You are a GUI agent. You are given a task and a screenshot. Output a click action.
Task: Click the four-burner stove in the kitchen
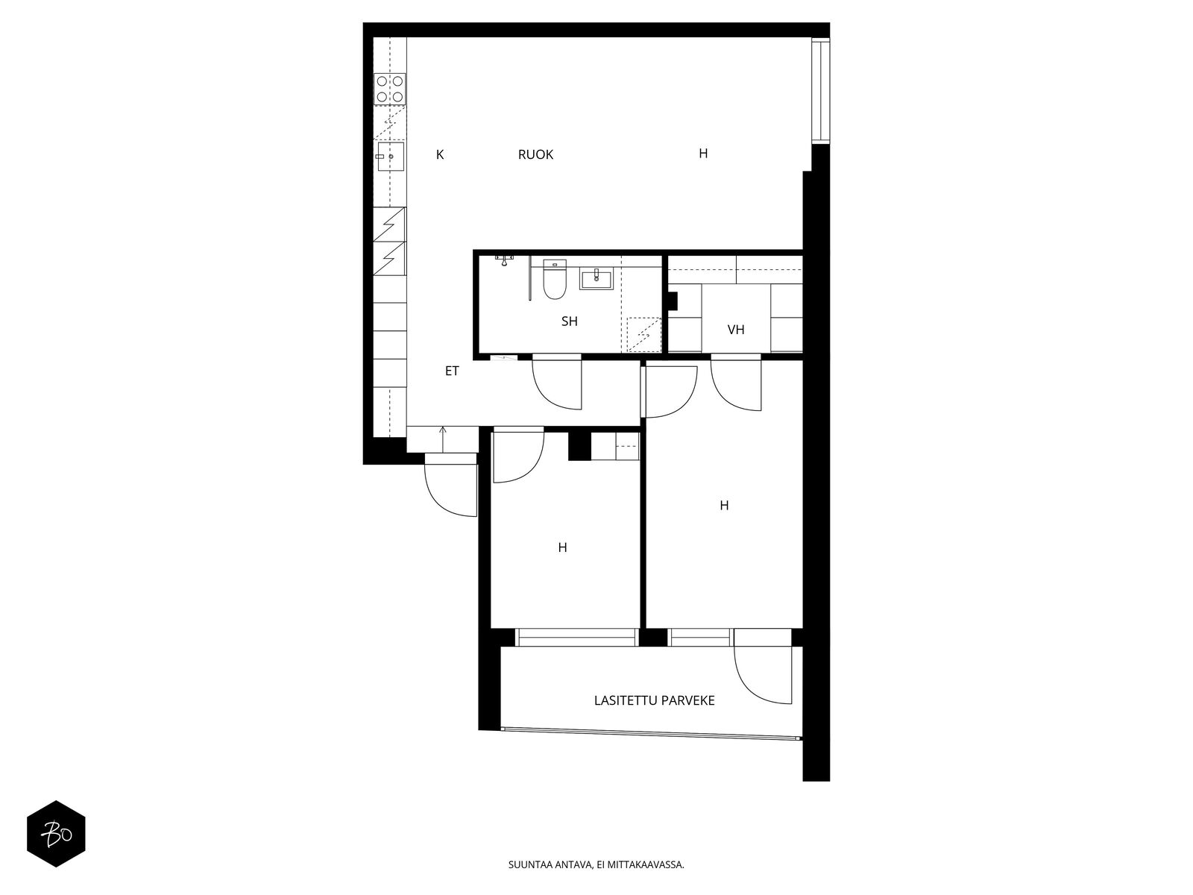click(x=390, y=89)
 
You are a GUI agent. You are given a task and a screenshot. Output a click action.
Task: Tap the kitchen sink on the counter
click(x=390, y=157)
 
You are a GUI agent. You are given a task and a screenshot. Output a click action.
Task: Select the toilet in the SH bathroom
click(x=555, y=279)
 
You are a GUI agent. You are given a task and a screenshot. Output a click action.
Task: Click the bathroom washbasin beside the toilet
click(x=596, y=279)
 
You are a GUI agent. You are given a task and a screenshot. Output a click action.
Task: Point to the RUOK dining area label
click(x=535, y=155)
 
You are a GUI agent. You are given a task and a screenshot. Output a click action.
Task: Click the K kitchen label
click(x=440, y=155)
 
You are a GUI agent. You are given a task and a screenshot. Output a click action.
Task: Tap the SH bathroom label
click(x=569, y=321)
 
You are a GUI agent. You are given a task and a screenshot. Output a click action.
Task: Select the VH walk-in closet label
click(x=735, y=330)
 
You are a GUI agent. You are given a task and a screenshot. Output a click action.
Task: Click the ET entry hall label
click(x=452, y=371)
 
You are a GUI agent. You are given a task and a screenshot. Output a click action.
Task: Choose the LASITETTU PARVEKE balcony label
click(x=654, y=701)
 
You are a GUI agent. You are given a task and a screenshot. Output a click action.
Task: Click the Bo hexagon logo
click(x=56, y=834)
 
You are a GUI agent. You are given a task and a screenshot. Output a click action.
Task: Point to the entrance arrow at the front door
click(x=442, y=439)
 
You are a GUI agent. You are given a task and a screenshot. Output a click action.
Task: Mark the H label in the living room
click(x=703, y=154)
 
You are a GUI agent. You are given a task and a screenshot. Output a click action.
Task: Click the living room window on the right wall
click(x=820, y=90)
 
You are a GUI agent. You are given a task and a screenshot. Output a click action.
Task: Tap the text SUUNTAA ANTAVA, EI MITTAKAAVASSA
click(x=596, y=865)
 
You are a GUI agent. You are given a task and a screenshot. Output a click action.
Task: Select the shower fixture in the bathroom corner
click(x=505, y=260)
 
